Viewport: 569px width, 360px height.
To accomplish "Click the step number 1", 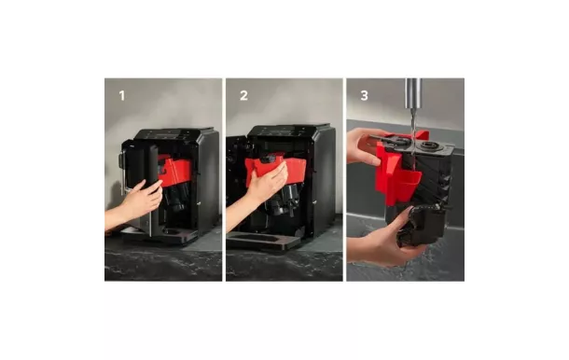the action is tap(122, 96).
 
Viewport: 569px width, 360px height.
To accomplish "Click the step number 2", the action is tap(243, 96).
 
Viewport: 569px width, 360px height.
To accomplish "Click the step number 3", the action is tap(365, 96).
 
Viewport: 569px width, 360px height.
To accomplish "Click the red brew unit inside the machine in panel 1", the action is tap(176, 172).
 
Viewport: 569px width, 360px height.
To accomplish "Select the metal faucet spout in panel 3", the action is tap(413, 93).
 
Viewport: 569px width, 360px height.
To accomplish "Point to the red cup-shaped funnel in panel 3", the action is tap(409, 186).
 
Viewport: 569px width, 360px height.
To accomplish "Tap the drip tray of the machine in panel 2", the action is tap(262, 241).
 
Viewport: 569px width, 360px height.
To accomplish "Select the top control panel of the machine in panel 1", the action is tap(170, 134).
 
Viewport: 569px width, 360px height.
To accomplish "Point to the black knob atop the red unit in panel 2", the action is tap(269, 159).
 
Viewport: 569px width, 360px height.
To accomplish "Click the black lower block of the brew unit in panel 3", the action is tap(421, 225).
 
